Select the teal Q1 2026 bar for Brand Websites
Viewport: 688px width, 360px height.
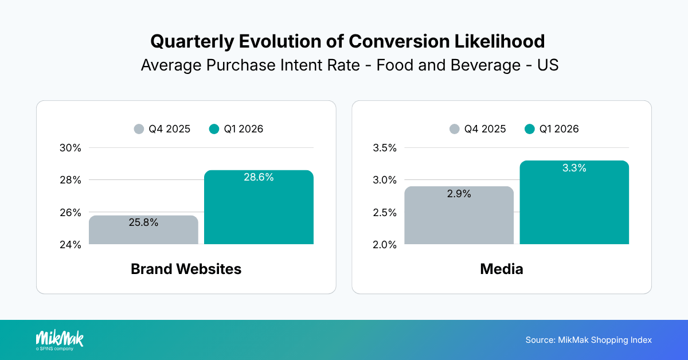[x=259, y=212]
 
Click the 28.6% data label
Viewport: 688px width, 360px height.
[x=259, y=178]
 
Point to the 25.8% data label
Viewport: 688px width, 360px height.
[x=143, y=222]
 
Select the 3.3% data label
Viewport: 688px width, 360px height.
[x=574, y=168]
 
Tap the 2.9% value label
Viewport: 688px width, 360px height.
[x=459, y=194]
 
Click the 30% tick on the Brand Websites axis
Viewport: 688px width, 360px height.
[x=71, y=148]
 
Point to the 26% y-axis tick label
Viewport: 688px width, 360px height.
[x=71, y=213]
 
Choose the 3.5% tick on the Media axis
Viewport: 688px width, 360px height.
[x=385, y=148]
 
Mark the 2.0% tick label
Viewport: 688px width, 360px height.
[x=385, y=245]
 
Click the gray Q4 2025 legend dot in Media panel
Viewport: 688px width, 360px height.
[x=455, y=129]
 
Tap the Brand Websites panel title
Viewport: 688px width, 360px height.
[x=186, y=269]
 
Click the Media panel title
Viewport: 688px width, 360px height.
[x=501, y=269]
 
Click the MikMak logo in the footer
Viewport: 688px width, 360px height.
[x=59, y=339]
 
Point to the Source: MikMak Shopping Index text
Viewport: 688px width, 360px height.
[x=588, y=340]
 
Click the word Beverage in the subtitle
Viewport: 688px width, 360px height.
[x=476, y=65]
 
